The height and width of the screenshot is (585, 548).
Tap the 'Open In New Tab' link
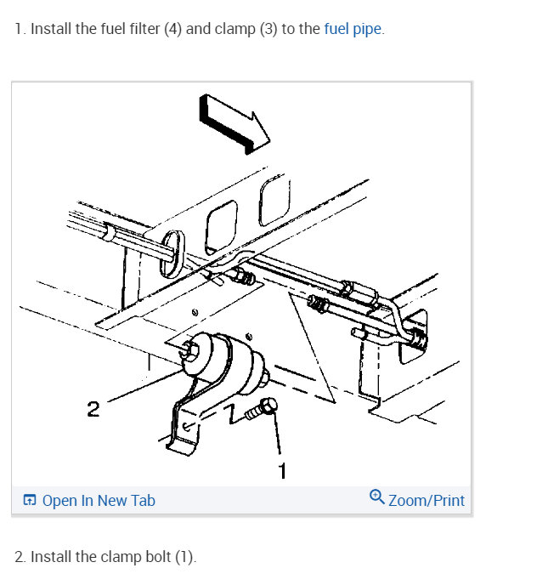(x=99, y=501)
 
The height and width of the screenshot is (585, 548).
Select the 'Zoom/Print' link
(x=427, y=500)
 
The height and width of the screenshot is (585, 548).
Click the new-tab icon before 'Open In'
(x=30, y=501)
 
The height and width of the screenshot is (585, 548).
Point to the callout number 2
(x=93, y=410)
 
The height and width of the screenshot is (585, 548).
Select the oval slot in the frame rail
(x=169, y=252)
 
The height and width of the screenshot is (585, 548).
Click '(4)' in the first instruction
(x=172, y=29)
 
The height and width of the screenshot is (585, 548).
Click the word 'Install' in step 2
(x=51, y=557)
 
